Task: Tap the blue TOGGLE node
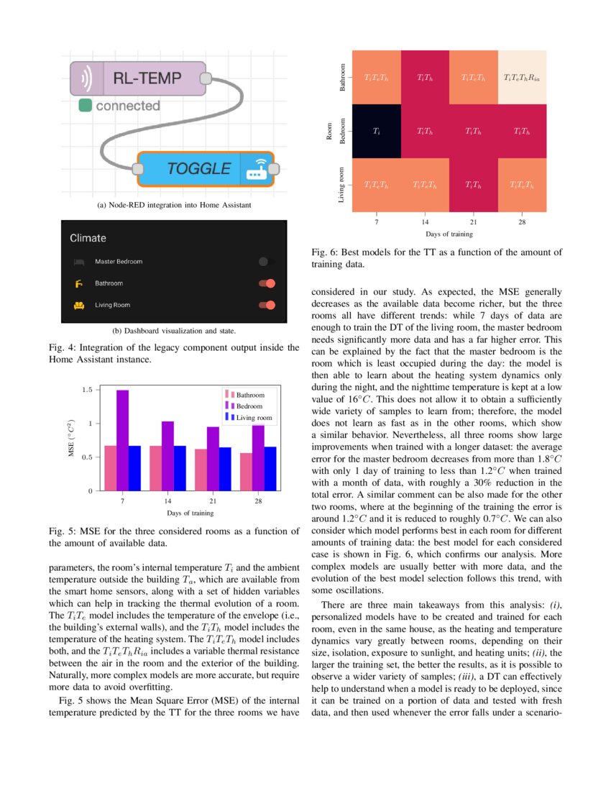pos(205,169)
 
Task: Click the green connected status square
pos(85,106)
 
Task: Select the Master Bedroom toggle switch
pos(266,262)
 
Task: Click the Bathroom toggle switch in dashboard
pos(266,283)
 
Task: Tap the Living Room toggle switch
pos(266,305)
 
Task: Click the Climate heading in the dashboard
pos(88,237)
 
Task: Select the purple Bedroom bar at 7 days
pos(123,440)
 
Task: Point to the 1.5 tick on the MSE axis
pos(86,390)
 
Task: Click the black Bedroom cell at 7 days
pos(377,132)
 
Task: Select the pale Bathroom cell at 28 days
pos(522,76)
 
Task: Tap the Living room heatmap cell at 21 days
pos(474,186)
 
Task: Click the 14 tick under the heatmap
pos(426,222)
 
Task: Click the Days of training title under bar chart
pos(190,513)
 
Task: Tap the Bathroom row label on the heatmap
pos(343,77)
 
